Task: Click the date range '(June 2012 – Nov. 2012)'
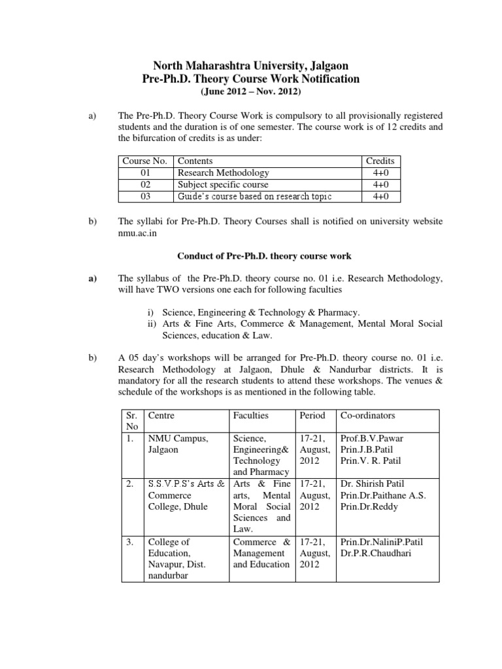(x=251, y=92)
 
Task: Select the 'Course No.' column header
(x=145, y=161)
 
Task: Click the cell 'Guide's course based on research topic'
(x=255, y=197)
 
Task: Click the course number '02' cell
(x=145, y=185)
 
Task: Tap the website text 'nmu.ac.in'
(x=139, y=233)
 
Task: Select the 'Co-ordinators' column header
(x=367, y=416)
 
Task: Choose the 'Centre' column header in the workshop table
(x=162, y=416)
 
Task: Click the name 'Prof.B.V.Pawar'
(x=371, y=438)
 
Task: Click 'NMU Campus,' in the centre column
(x=178, y=438)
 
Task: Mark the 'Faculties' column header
(x=251, y=416)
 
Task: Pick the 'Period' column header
(x=312, y=416)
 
